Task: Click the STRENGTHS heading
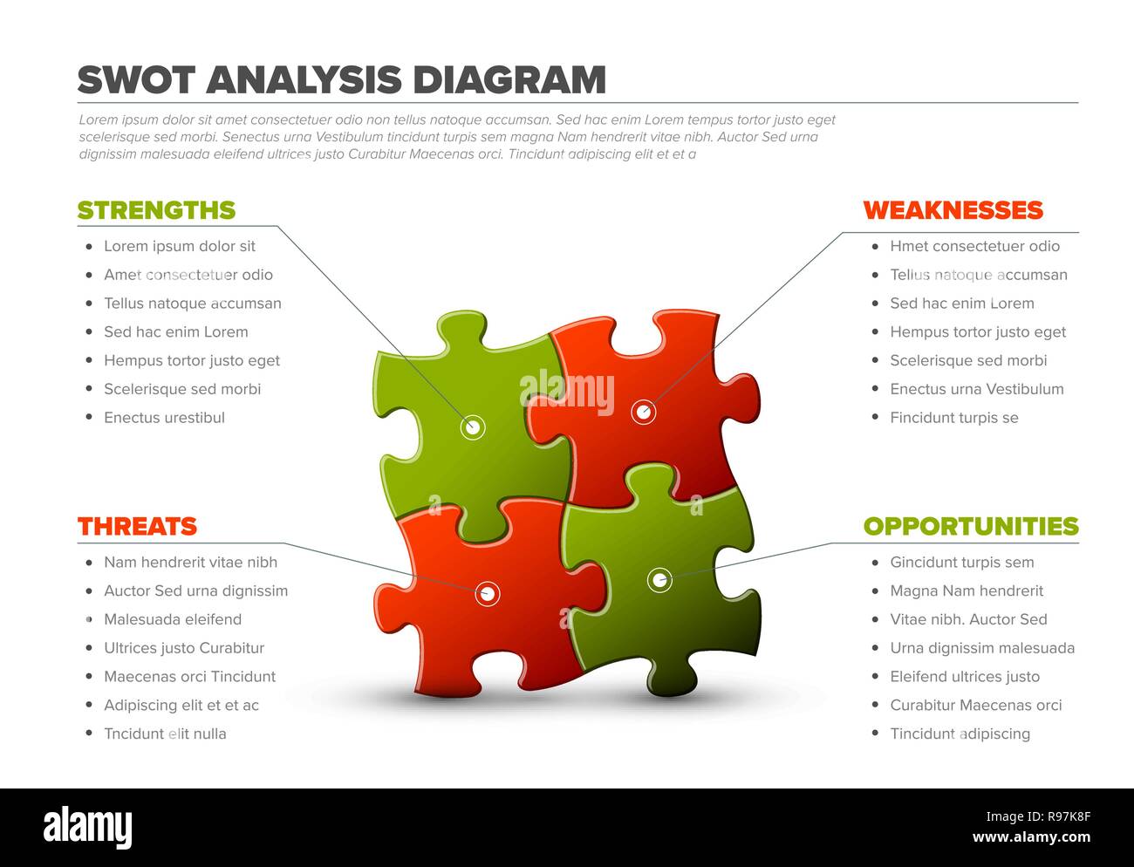(x=156, y=210)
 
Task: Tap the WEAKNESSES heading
(x=953, y=210)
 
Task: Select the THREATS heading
(x=137, y=526)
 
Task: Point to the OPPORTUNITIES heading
(x=971, y=526)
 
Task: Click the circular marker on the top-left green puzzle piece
(x=473, y=427)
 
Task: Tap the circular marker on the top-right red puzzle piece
(x=643, y=411)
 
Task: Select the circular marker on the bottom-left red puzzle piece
(x=488, y=594)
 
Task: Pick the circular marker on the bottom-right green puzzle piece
(x=659, y=579)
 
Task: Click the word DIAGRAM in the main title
(x=509, y=80)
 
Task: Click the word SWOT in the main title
(x=135, y=80)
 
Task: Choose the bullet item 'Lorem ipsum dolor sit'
(x=180, y=246)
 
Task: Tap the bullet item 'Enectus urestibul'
(x=164, y=418)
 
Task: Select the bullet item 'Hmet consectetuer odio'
(x=974, y=246)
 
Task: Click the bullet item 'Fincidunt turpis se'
(x=953, y=418)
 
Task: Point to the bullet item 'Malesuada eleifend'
(x=173, y=619)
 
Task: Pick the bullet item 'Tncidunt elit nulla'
(x=165, y=734)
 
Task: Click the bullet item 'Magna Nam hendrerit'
(x=967, y=591)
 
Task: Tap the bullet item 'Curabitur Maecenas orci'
(x=975, y=705)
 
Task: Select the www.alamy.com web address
(x=1031, y=838)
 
